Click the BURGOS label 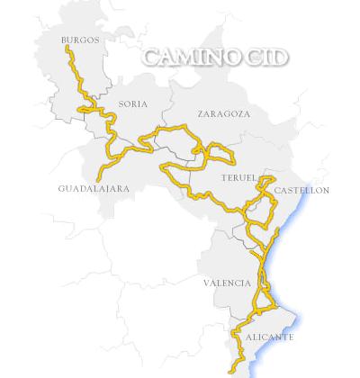tap(80, 40)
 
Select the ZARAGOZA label tap(223, 114)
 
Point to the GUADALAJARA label tap(94, 189)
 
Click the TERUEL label tap(238, 178)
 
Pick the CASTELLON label tap(301, 191)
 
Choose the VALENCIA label tap(227, 283)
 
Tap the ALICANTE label tap(269, 337)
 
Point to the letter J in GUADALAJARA tap(111, 189)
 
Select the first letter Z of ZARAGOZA tap(200, 114)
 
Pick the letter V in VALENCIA tap(206, 283)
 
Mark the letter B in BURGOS tap(64, 40)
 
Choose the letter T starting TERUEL tap(222, 178)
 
